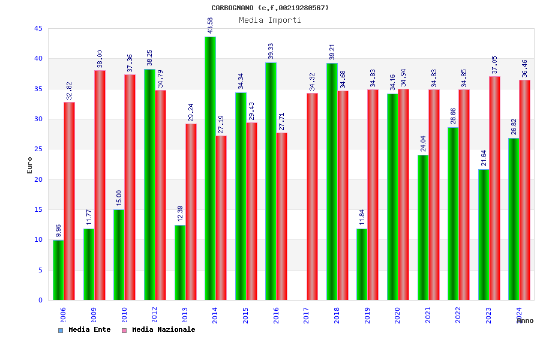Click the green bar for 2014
click(x=210, y=168)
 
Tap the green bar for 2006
click(x=58, y=270)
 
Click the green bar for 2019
click(x=362, y=264)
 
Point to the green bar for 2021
click(x=423, y=227)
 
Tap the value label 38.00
click(x=100, y=59)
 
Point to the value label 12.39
click(x=180, y=214)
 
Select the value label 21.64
click(x=484, y=158)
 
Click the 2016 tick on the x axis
click(x=276, y=315)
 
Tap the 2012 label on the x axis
click(x=154, y=315)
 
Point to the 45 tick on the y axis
click(x=38, y=29)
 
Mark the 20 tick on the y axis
click(x=38, y=179)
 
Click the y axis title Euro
click(x=30, y=165)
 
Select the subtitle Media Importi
click(x=270, y=20)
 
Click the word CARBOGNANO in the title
click(x=232, y=8)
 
